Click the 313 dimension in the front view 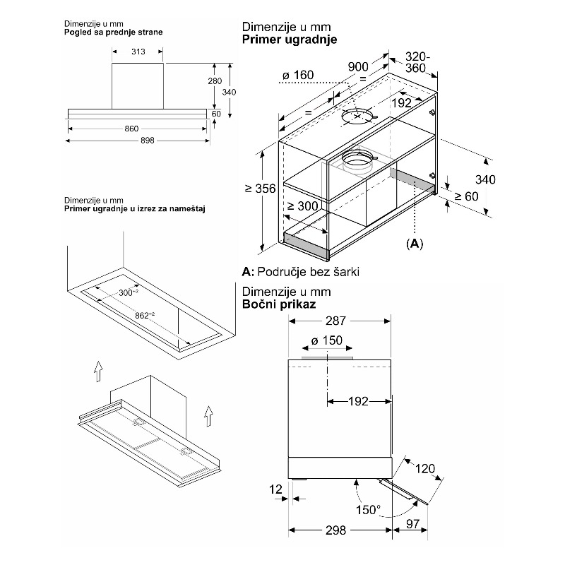[138, 52]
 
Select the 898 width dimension [148, 141]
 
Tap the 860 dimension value [131, 129]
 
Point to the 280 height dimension [215, 81]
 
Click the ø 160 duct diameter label [298, 75]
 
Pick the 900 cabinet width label [358, 66]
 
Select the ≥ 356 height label [260, 189]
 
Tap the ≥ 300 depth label [303, 206]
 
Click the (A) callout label [415, 244]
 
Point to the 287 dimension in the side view [336, 321]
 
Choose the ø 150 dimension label [327, 340]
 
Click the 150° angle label [368, 510]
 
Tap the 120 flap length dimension [425, 468]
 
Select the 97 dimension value [412, 524]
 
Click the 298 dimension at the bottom [336, 530]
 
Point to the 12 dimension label [275, 489]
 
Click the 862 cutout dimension [145, 316]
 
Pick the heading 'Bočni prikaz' [279, 304]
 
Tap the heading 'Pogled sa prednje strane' [114, 32]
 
